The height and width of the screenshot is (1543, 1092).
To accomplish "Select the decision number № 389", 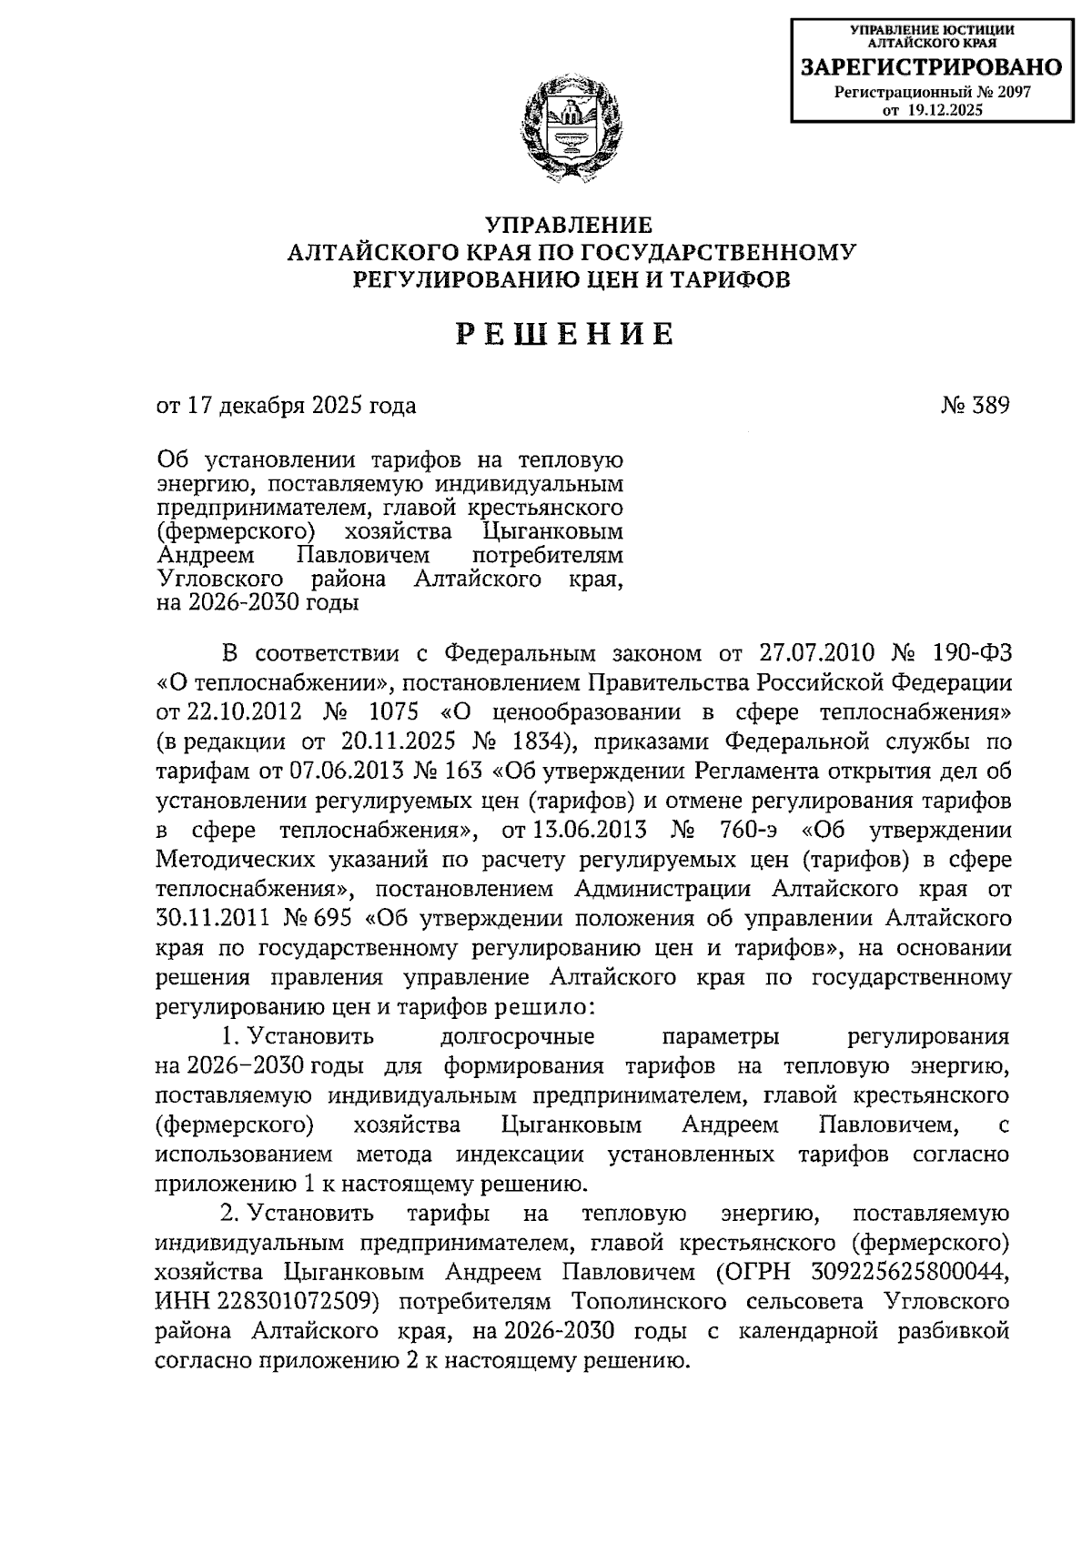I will pyautogui.click(x=975, y=406).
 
